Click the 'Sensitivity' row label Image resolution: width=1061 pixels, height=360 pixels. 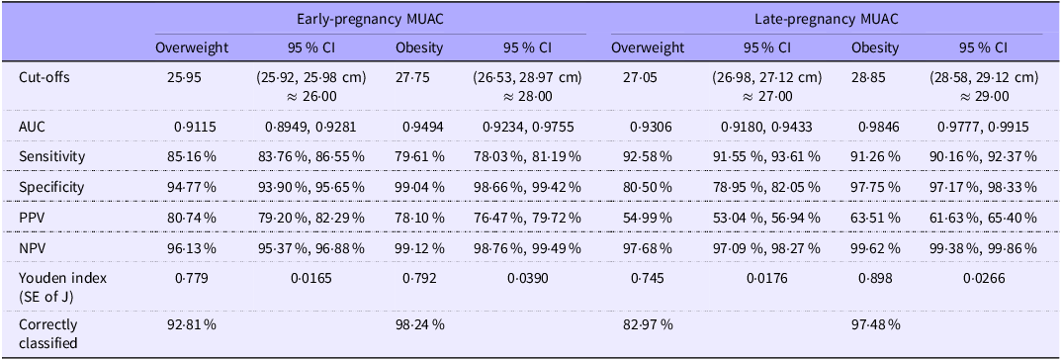point(52,156)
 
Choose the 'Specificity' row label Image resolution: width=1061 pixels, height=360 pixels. point(52,187)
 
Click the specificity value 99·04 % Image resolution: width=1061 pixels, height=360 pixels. point(420,187)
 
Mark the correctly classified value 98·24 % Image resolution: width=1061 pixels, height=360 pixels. point(420,324)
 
